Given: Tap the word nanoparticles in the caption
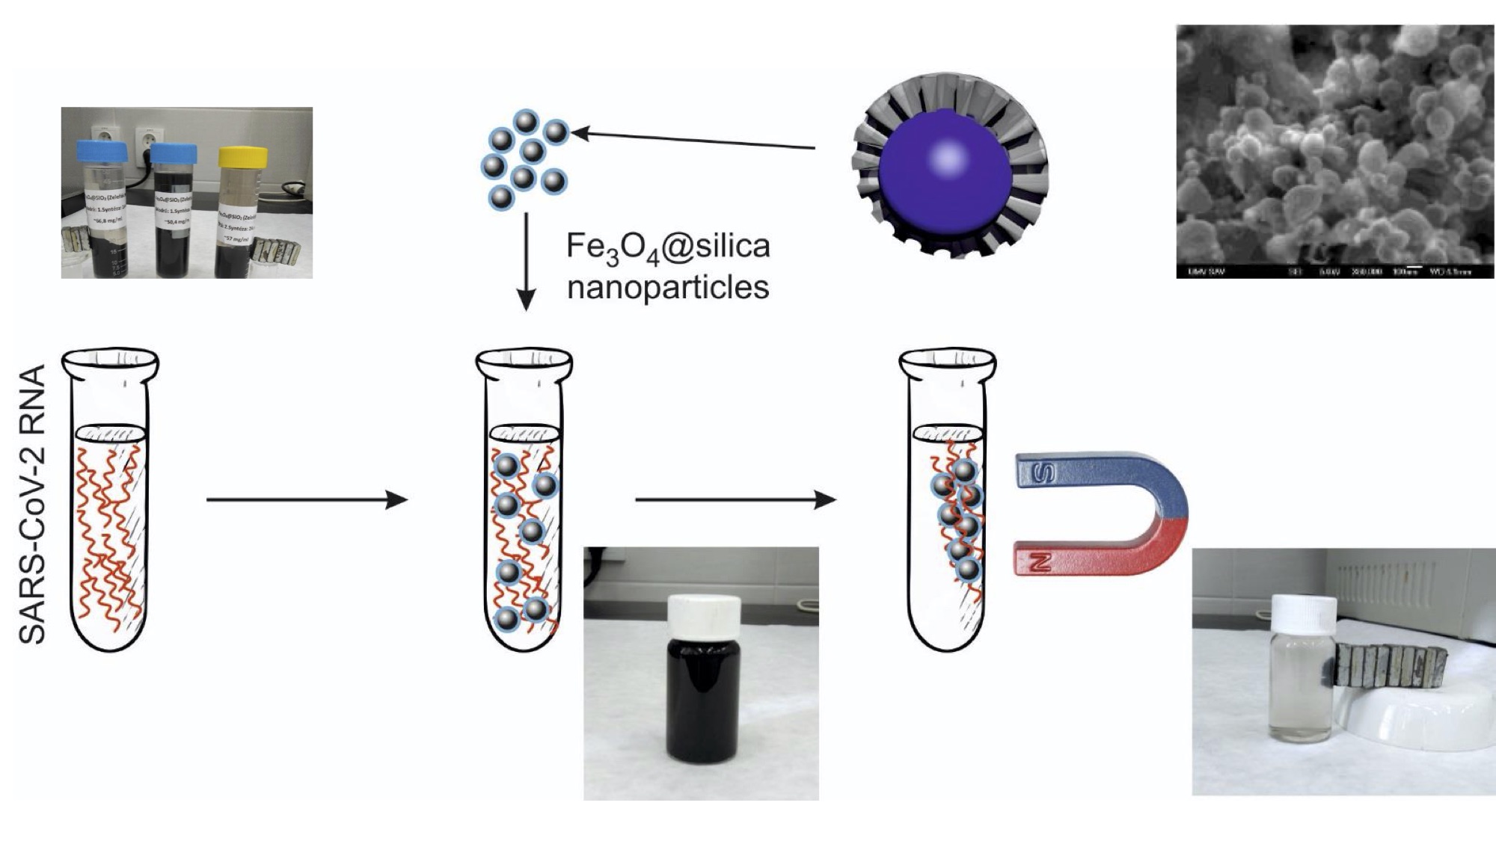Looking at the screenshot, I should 667,288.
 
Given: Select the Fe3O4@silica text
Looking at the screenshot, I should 667,247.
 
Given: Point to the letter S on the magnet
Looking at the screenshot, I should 1044,472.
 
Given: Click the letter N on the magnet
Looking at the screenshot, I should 1042,560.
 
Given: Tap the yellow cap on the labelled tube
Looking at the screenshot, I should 242,157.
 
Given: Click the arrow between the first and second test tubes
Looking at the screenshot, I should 307,499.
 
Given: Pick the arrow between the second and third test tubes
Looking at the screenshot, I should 735,499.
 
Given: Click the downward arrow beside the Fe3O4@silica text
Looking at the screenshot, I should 526,261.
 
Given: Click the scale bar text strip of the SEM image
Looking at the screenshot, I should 1334,271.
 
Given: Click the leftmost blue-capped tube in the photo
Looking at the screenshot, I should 105,209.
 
